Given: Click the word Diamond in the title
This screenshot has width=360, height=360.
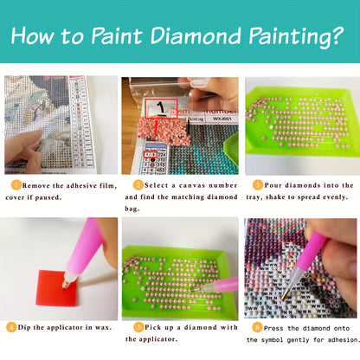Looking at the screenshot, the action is pos(196,35).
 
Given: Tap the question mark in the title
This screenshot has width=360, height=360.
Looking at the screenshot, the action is pos(335,36).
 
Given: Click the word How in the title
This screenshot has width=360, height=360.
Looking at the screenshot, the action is pos(33,36).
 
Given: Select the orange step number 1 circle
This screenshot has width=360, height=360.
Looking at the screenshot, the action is pos(16,185).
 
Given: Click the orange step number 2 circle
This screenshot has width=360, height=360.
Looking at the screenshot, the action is pos(138,185).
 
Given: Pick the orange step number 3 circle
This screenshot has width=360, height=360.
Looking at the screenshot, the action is pos(258,185).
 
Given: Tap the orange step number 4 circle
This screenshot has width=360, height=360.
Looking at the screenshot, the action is pos(11,327).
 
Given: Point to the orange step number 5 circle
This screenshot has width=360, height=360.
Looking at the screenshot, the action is pos(138,327).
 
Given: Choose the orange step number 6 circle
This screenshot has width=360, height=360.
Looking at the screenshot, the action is pos(257,327).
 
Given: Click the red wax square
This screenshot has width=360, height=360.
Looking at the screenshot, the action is pos(56,288).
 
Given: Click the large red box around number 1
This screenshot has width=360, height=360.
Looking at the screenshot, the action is pos(161,108).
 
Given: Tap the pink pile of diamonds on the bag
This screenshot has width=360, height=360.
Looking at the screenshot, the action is pos(164,132).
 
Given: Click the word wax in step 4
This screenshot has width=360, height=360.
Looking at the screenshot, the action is pos(103,327).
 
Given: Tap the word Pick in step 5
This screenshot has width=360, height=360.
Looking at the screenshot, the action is pos(153,327).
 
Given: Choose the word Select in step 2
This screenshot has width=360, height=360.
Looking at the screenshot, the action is pos(156,185).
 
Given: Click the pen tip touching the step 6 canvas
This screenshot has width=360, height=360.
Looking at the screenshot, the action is pos(283,298).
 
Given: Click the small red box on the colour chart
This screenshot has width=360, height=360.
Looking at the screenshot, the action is pos(151,154).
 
